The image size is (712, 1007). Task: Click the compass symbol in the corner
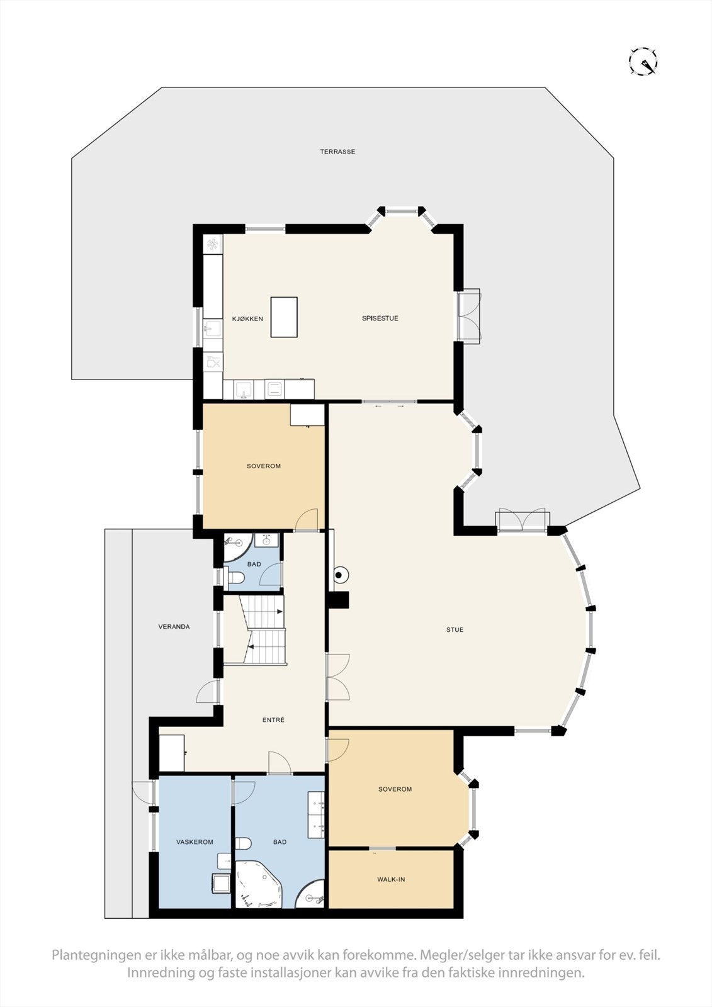coord(643,62)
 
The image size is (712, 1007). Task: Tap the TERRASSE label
coord(337,152)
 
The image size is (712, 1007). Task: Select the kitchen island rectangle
coord(283,317)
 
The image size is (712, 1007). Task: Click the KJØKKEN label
coord(247,318)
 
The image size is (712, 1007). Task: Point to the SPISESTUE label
coord(380,318)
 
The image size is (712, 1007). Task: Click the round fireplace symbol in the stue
coord(340,575)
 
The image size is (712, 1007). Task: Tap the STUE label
coord(455,629)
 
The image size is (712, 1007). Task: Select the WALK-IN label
coord(391,879)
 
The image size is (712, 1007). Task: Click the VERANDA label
coord(174,627)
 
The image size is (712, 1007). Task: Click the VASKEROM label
coord(195,842)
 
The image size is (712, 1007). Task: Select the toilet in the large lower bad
coord(244,843)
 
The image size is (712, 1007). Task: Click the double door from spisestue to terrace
coord(469,315)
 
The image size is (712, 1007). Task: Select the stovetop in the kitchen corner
coord(213,244)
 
